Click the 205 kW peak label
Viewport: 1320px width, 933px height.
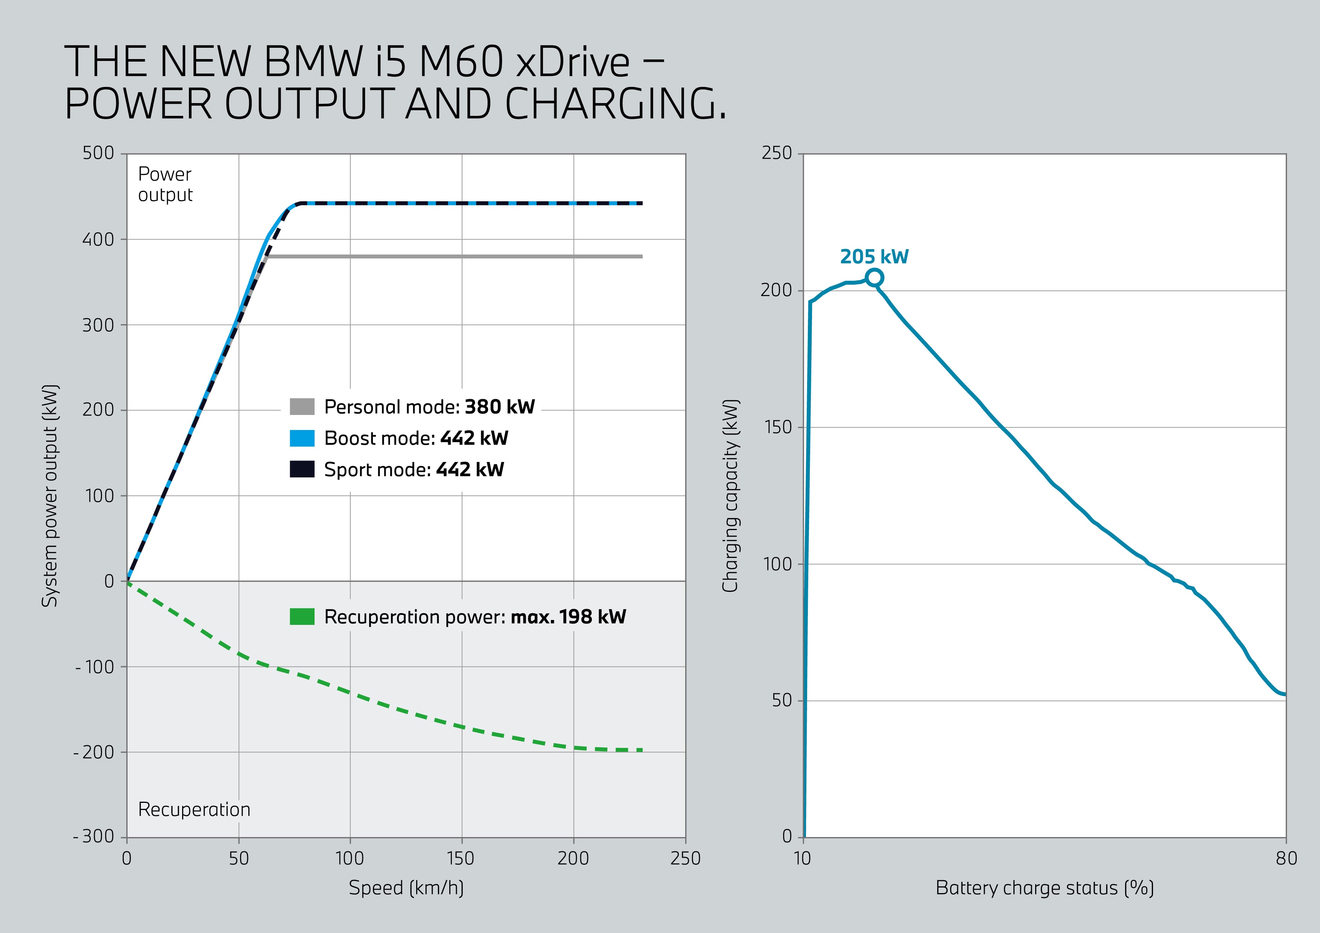point(874,257)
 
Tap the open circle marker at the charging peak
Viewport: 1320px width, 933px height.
point(874,278)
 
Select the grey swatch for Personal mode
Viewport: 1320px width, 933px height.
point(302,406)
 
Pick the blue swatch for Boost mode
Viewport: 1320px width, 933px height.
point(302,438)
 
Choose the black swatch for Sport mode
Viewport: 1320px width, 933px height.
point(302,469)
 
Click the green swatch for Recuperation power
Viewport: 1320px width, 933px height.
point(302,616)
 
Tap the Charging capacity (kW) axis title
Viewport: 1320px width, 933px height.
point(730,495)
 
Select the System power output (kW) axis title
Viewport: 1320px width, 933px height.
point(50,495)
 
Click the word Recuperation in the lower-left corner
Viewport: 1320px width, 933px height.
point(194,809)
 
